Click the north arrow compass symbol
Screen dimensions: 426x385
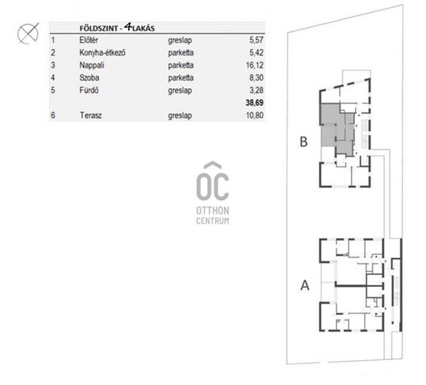tap(28, 33)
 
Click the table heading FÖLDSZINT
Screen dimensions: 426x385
tap(99, 28)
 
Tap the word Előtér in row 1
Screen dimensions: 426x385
tap(89, 40)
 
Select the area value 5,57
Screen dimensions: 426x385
tap(256, 40)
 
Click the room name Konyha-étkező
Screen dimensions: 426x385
tap(102, 52)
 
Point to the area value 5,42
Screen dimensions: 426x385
tap(256, 52)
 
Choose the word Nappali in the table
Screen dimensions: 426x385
tap(92, 65)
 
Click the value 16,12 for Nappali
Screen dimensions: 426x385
tap(254, 65)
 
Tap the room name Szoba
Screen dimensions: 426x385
tap(89, 78)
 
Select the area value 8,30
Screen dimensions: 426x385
tap(256, 78)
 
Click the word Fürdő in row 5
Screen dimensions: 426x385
tap(89, 90)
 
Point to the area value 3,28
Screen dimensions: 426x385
tap(256, 90)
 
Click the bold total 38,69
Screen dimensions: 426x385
tap(254, 103)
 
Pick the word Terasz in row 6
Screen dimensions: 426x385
tap(91, 116)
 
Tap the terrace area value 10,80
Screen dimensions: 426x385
tap(254, 116)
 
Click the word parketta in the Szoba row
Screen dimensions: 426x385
tap(180, 78)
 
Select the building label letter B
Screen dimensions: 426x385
tap(304, 141)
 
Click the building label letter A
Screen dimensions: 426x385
tap(305, 285)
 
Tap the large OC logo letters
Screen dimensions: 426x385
tap(213, 182)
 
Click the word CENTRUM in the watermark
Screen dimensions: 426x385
tap(213, 221)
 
